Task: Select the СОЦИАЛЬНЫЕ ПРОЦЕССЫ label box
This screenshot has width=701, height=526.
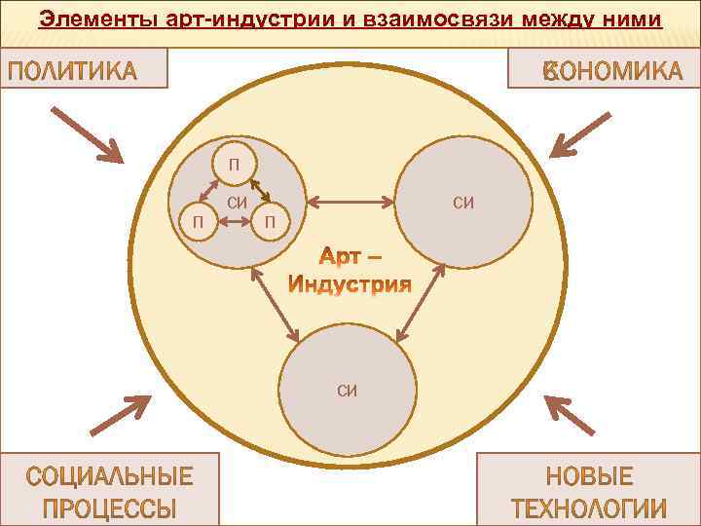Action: click(x=108, y=492)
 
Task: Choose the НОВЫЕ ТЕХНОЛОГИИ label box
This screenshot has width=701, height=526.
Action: click(x=589, y=492)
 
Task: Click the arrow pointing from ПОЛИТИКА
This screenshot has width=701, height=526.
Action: click(x=88, y=133)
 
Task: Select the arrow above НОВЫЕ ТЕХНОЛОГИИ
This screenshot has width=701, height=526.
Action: click(x=569, y=414)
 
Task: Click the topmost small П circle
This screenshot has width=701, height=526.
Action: click(x=234, y=162)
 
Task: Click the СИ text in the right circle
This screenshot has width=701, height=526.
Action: click(x=463, y=203)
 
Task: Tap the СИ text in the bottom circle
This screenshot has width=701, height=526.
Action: click(x=348, y=391)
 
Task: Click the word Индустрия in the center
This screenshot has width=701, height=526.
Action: click(x=350, y=284)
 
